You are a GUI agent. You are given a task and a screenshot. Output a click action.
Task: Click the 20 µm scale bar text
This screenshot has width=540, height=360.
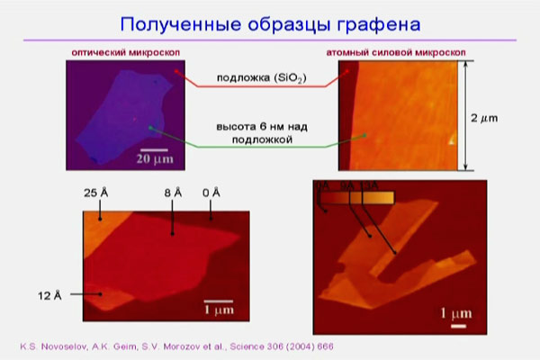click(x=155, y=159)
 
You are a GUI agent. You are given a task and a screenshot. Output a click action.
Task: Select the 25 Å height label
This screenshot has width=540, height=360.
click(x=95, y=193)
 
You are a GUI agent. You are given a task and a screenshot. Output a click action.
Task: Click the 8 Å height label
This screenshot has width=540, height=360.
click(x=173, y=193)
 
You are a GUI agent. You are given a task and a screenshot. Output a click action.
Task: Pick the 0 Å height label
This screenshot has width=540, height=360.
click(x=212, y=193)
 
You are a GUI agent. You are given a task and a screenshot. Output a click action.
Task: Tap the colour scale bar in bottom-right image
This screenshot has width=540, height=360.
click(x=359, y=194)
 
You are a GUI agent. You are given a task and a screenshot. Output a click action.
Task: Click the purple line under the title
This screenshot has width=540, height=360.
click(x=269, y=40)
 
